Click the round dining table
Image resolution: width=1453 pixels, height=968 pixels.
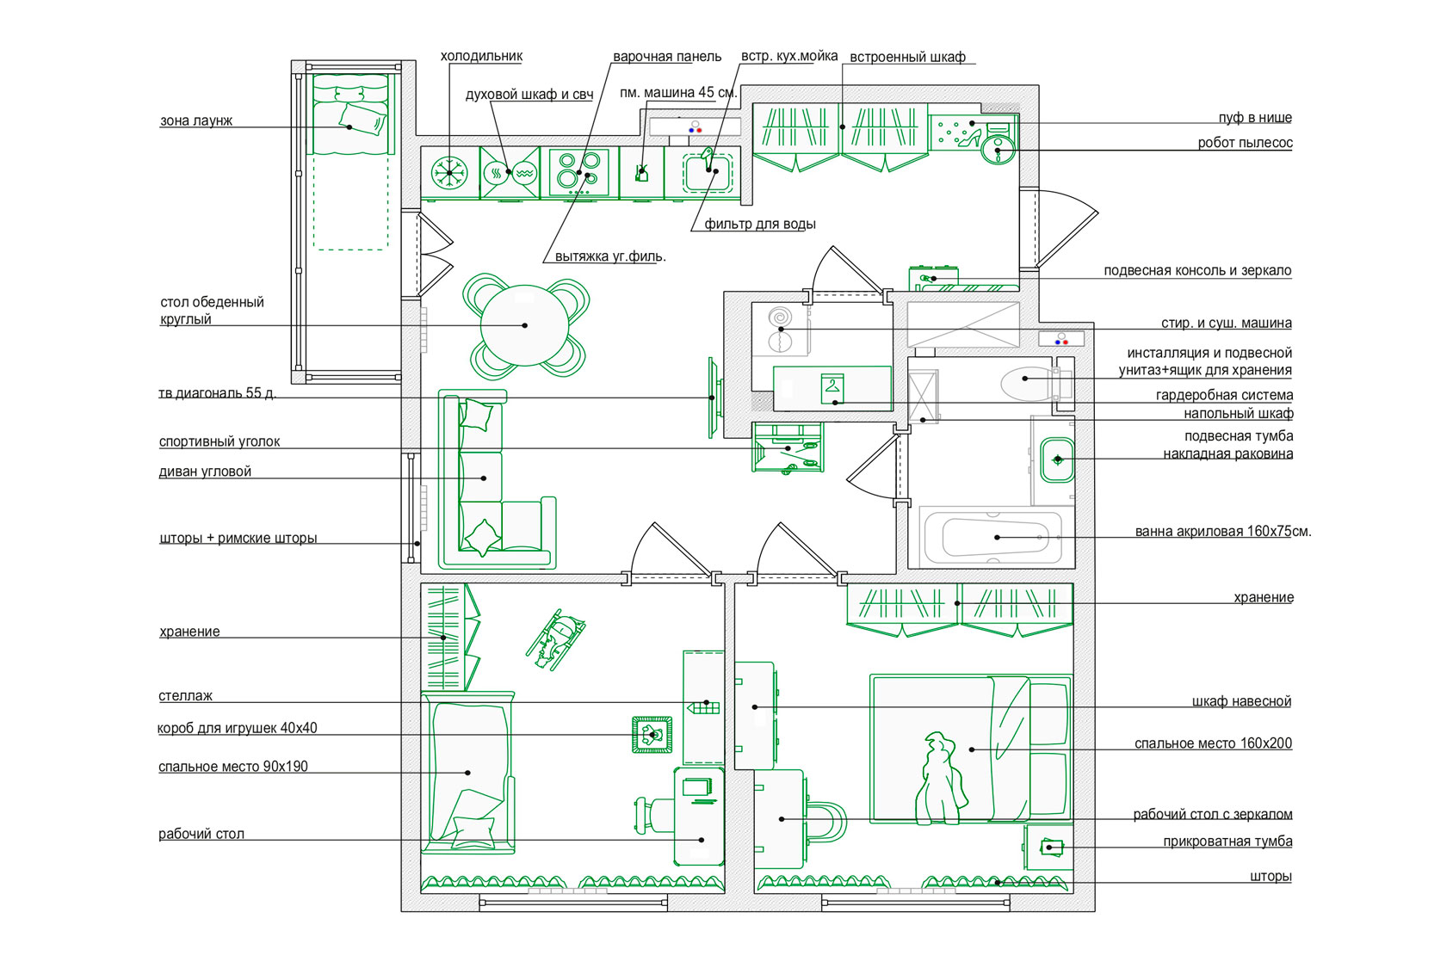click(x=524, y=325)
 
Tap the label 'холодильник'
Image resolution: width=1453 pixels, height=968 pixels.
click(x=481, y=57)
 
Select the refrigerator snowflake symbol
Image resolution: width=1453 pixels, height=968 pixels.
click(x=449, y=172)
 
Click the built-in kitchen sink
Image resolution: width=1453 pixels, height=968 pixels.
click(x=708, y=171)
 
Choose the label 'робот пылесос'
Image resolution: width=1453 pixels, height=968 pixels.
click(x=1245, y=143)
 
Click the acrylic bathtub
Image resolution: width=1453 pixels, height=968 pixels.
click(x=996, y=537)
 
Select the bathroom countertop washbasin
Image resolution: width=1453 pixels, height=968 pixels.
click(x=1057, y=459)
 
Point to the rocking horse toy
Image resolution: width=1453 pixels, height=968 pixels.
click(x=556, y=638)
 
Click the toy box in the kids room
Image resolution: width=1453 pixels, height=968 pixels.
click(x=652, y=735)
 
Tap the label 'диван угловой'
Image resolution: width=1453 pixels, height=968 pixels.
click(x=205, y=472)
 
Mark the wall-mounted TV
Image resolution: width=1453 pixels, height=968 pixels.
click(x=713, y=398)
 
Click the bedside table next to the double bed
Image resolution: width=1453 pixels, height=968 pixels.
click(x=1048, y=848)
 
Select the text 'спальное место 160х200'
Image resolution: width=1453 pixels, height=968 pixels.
click(x=1213, y=743)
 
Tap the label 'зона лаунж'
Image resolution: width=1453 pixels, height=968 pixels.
click(x=196, y=121)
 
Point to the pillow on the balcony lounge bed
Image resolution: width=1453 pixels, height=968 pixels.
click(x=362, y=119)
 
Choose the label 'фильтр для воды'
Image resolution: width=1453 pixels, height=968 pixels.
click(x=760, y=225)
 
